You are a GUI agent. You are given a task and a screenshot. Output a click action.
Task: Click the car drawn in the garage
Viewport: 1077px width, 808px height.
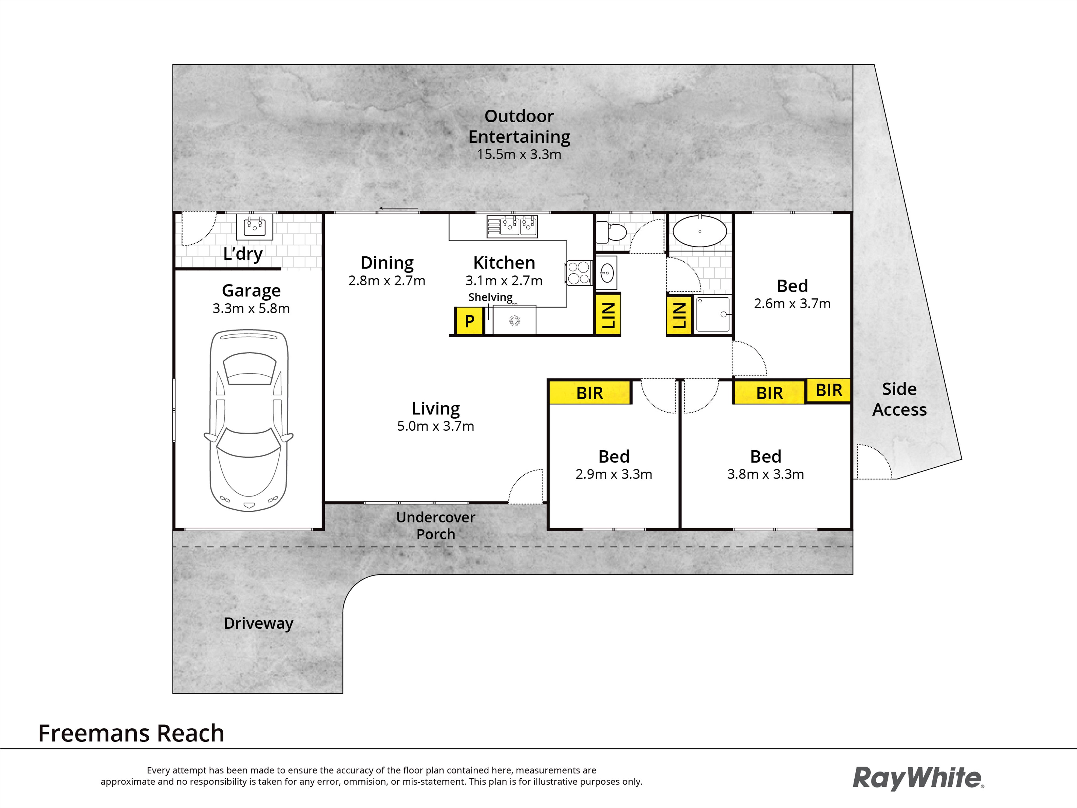tap(249, 420)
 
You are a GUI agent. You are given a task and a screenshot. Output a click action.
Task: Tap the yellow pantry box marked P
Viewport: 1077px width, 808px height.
tap(469, 321)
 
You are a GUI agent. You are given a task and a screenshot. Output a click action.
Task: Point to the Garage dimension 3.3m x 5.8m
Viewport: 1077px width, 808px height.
tap(251, 308)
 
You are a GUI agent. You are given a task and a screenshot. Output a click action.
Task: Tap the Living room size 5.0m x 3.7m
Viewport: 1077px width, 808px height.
tap(436, 426)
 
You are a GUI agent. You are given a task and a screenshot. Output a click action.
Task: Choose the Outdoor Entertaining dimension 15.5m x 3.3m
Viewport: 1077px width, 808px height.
tap(519, 154)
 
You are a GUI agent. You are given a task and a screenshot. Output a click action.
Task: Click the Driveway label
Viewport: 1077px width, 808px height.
tap(258, 624)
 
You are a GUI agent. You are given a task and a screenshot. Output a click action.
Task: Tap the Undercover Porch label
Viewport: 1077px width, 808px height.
tap(436, 525)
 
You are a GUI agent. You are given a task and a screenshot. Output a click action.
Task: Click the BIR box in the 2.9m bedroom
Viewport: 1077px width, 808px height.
tap(590, 393)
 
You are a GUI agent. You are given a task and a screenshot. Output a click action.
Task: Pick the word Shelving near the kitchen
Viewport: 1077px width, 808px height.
tap(490, 297)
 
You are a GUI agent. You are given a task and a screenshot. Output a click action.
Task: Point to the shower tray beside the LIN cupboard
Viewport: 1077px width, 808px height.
tap(713, 314)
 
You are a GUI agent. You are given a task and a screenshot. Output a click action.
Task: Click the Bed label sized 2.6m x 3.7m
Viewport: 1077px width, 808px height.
tap(792, 286)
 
